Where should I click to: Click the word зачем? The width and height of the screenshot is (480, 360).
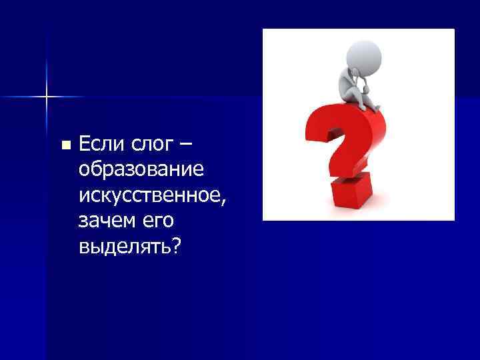pos(105,221)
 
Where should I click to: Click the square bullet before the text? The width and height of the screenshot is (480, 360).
pos(65,145)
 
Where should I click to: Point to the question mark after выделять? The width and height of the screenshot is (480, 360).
pos(176,246)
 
